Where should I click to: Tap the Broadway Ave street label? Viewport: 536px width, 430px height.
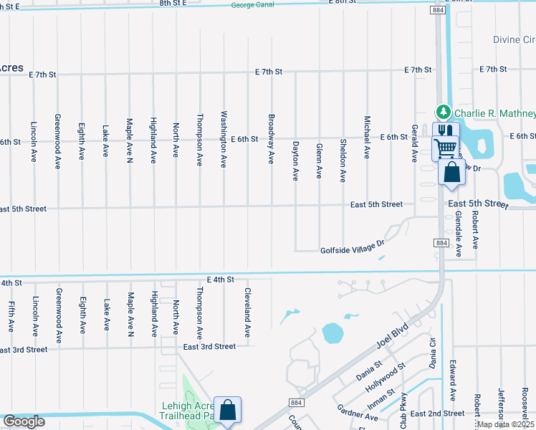[x=271, y=138]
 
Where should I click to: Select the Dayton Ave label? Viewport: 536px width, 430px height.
[x=295, y=160]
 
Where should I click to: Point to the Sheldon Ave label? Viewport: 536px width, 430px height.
[x=343, y=160]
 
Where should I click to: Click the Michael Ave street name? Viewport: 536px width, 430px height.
[x=367, y=137]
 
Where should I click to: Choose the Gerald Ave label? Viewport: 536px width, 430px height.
[x=414, y=143]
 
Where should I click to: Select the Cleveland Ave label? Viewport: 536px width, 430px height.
[x=247, y=313]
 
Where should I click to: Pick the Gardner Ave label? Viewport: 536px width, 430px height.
[x=358, y=412]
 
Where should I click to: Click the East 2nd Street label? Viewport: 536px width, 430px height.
[x=438, y=414]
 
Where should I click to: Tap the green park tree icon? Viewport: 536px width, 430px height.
[x=443, y=112]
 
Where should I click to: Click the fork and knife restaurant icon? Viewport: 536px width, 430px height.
[x=445, y=130]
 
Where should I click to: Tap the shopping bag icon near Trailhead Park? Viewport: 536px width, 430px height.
[x=227, y=411]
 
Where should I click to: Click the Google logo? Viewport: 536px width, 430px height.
[x=24, y=421]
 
